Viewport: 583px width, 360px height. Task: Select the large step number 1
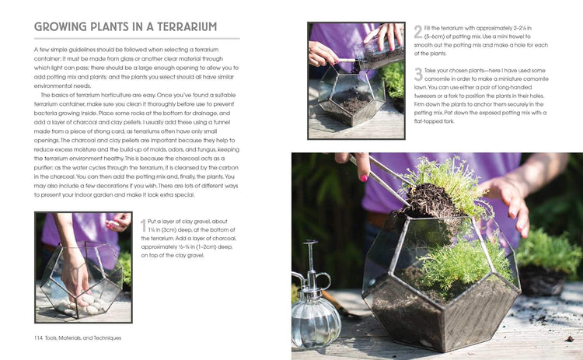(143, 225)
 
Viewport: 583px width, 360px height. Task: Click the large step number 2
(417, 32)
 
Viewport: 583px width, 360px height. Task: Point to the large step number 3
(417, 75)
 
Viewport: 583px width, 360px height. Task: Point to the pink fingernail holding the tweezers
(362, 178)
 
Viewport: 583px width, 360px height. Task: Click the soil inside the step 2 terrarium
(354, 100)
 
